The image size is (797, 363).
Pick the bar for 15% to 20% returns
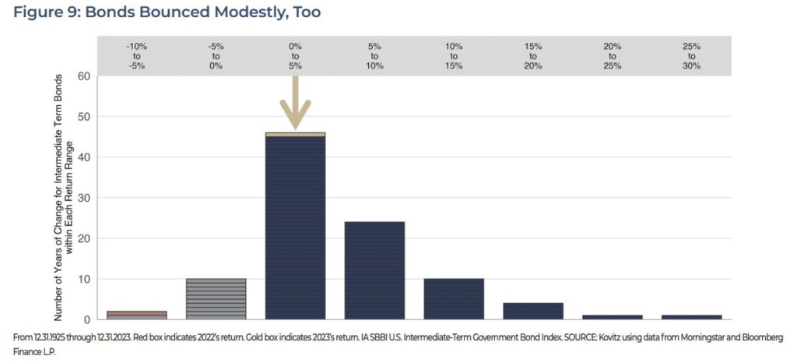coord(533,311)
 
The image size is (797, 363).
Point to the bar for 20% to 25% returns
coord(613,316)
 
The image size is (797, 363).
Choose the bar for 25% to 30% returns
coord(692,316)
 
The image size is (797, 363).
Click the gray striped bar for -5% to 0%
coord(216,298)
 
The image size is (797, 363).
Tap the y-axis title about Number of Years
coord(63,199)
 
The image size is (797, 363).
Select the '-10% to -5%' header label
coord(137,56)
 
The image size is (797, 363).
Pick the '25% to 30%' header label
coord(692,56)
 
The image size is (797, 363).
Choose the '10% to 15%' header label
coord(454,56)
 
